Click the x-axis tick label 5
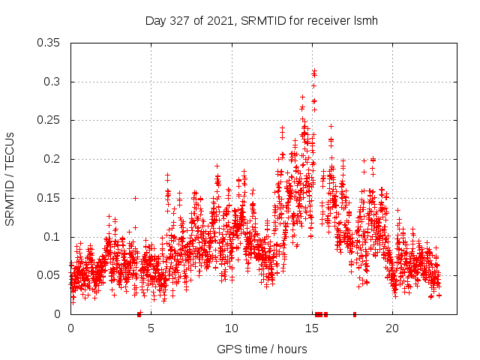[x=151, y=328]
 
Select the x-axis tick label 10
[x=232, y=328]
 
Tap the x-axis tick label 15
[x=312, y=328]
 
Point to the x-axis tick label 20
[x=392, y=328]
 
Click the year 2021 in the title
[x=220, y=20]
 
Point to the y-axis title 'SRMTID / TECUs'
[x=10, y=178]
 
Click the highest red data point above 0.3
[x=314, y=70]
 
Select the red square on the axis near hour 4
[x=139, y=313]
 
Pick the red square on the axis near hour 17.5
[x=355, y=313]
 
